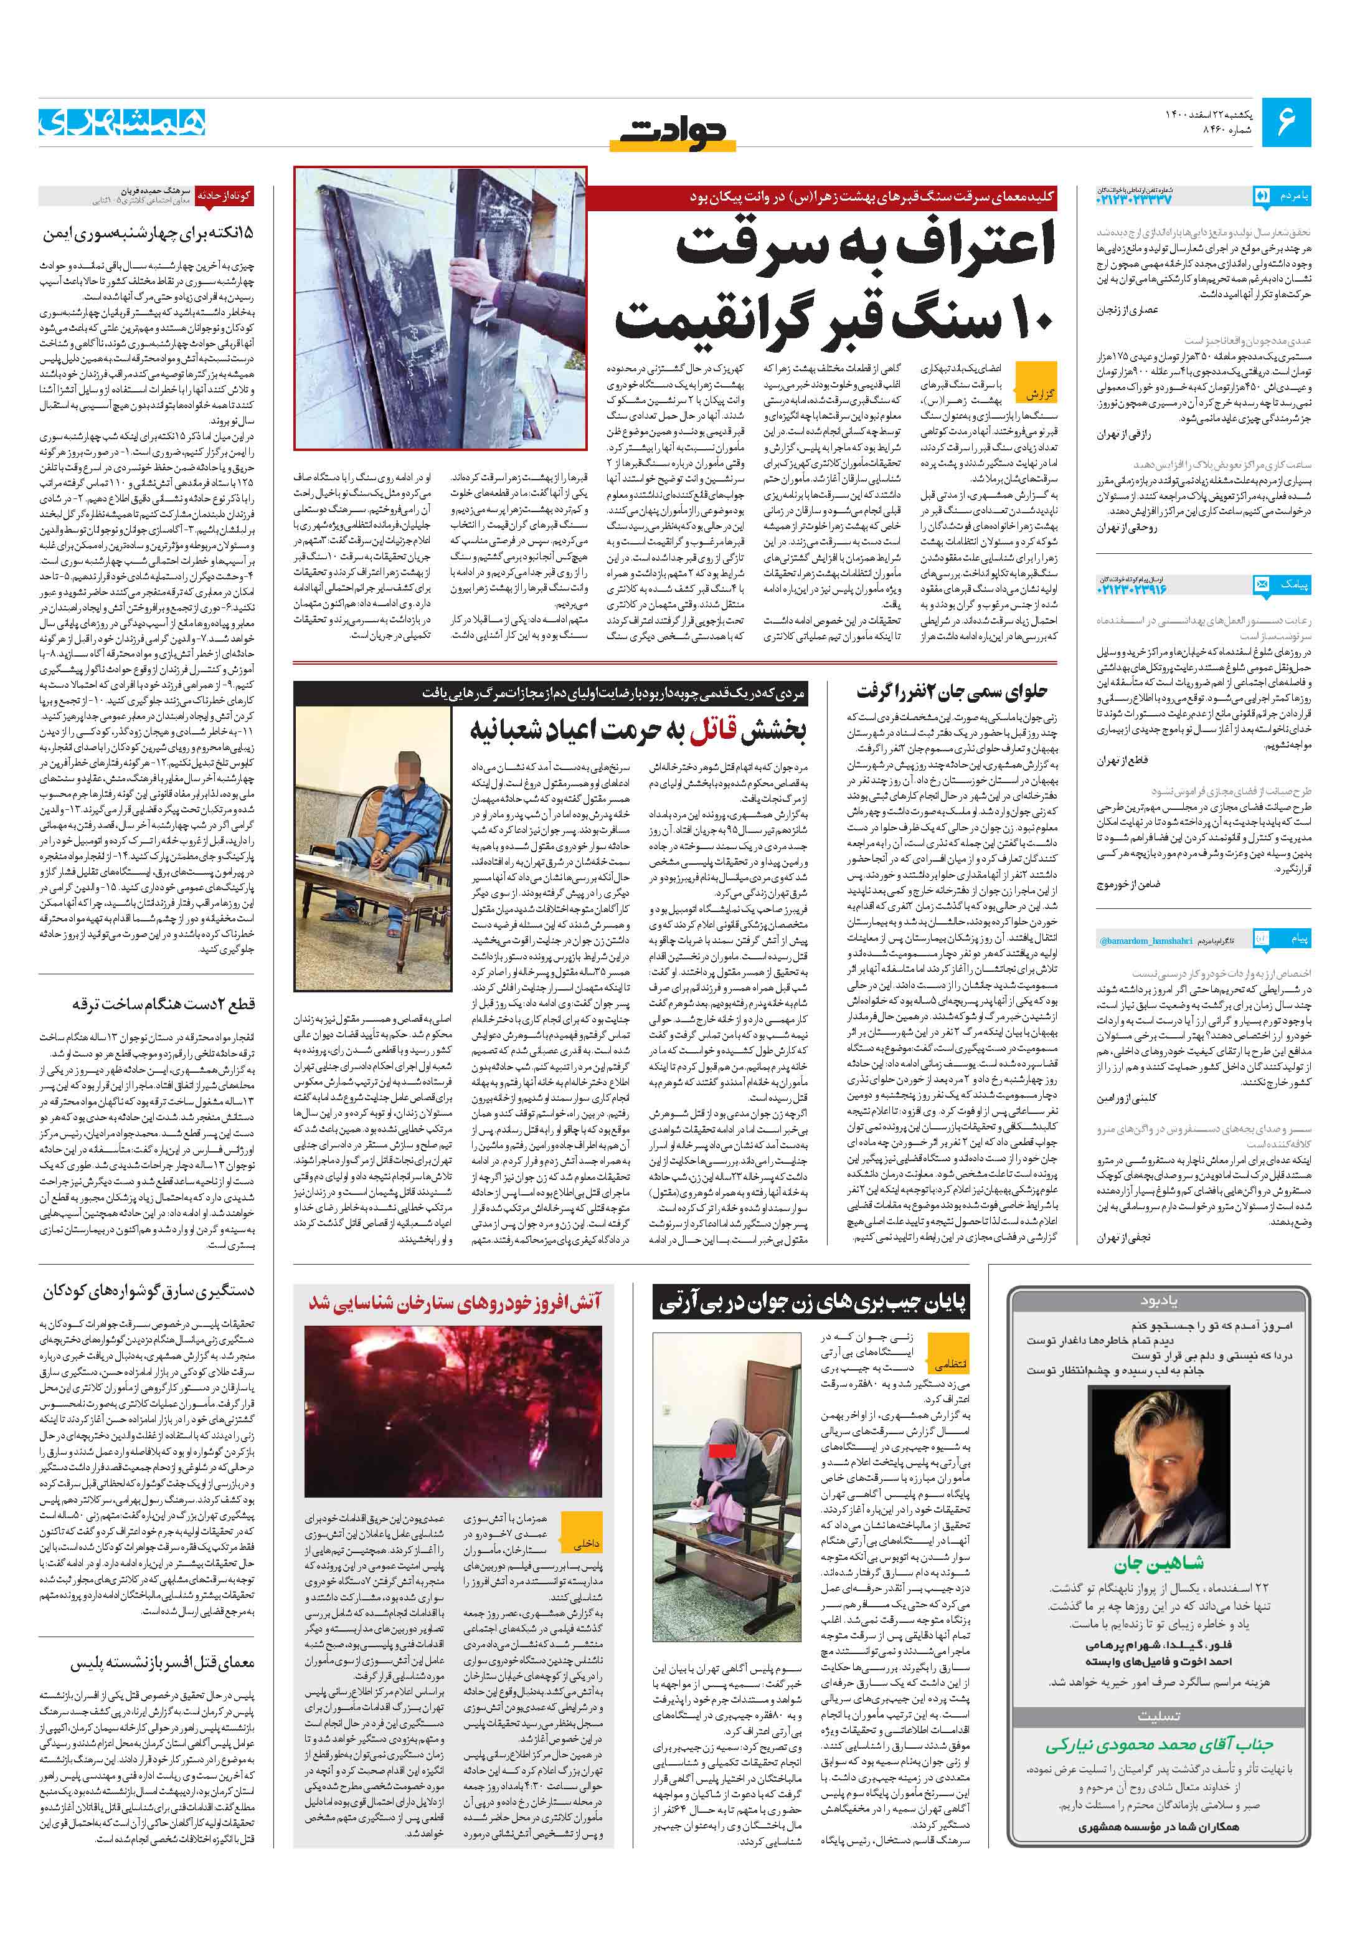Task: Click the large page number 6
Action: coord(1285,122)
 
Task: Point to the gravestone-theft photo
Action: coord(440,307)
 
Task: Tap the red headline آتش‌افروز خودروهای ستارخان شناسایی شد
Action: coord(455,1301)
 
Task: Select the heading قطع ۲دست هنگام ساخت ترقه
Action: coord(162,1004)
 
